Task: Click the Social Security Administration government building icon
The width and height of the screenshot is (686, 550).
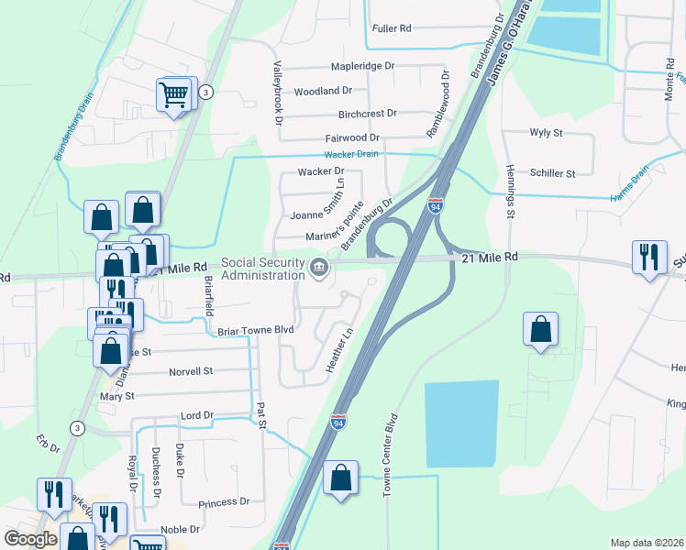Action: click(x=319, y=268)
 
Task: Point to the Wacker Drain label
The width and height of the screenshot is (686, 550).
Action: click(x=350, y=154)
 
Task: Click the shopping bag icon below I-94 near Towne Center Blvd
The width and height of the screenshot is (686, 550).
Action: click(x=340, y=478)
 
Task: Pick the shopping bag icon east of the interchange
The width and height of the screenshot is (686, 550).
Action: click(x=541, y=329)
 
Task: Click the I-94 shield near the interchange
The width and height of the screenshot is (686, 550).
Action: click(x=436, y=208)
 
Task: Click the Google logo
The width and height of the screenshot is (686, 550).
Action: click(x=31, y=539)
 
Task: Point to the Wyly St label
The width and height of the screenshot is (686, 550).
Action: click(x=546, y=133)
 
